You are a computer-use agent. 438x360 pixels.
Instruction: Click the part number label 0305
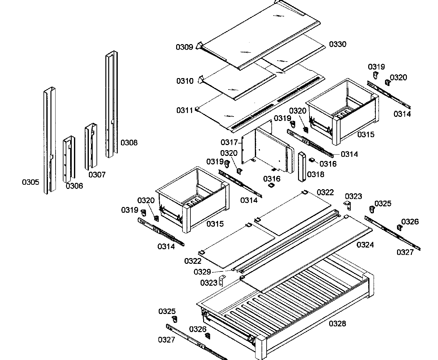tap(30, 182)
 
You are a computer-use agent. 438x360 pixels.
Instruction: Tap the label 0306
tap(74, 186)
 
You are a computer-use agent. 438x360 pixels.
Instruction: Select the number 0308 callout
tap(129, 143)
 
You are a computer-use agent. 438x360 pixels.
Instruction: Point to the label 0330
tap(337, 44)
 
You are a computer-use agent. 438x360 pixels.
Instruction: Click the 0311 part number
tap(185, 110)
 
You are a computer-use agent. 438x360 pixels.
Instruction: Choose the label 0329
tap(202, 272)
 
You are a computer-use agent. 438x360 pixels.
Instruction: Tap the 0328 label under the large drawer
tap(337, 323)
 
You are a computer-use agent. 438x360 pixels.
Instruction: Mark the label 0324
tap(365, 245)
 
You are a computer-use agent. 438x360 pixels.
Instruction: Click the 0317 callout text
tap(229, 142)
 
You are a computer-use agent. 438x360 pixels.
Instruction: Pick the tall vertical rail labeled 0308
tap(111, 105)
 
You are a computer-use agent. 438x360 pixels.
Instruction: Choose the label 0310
tap(185, 81)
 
